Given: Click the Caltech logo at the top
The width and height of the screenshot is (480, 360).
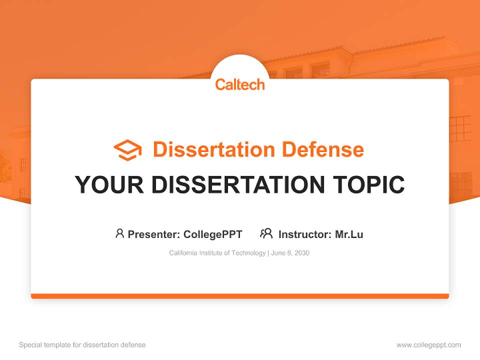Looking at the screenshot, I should pyautogui.click(x=240, y=84).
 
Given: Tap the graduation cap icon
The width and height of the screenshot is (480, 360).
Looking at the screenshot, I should pyautogui.click(x=127, y=150).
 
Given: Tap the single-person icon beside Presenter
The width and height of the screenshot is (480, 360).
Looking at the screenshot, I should pyautogui.click(x=119, y=233).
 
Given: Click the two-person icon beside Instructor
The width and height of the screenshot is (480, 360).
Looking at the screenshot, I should pyautogui.click(x=266, y=233).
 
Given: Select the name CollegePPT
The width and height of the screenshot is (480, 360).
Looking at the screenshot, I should pyautogui.click(x=212, y=234).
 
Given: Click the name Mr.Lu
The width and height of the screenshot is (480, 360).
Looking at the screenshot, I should pyautogui.click(x=349, y=234).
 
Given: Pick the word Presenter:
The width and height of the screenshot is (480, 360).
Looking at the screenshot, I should pyautogui.click(x=154, y=234).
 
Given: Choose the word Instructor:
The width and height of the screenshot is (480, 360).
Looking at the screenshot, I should pyautogui.click(x=305, y=234).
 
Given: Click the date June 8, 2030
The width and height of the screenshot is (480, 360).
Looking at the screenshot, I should pyautogui.click(x=290, y=253).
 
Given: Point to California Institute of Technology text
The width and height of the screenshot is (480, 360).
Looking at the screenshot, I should pyautogui.click(x=217, y=253).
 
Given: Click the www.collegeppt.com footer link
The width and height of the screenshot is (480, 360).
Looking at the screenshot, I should pyautogui.click(x=428, y=345).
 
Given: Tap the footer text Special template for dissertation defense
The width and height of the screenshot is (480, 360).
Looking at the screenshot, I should pyautogui.click(x=82, y=345).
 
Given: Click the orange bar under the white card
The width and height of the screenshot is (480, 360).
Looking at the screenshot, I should pyautogui.click(x=240, y=296).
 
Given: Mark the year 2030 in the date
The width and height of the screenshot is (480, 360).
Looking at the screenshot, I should pyautogui.click(x=302, y=253).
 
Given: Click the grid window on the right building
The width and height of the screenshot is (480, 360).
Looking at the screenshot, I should pyautogui.click(x=460, y=128).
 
